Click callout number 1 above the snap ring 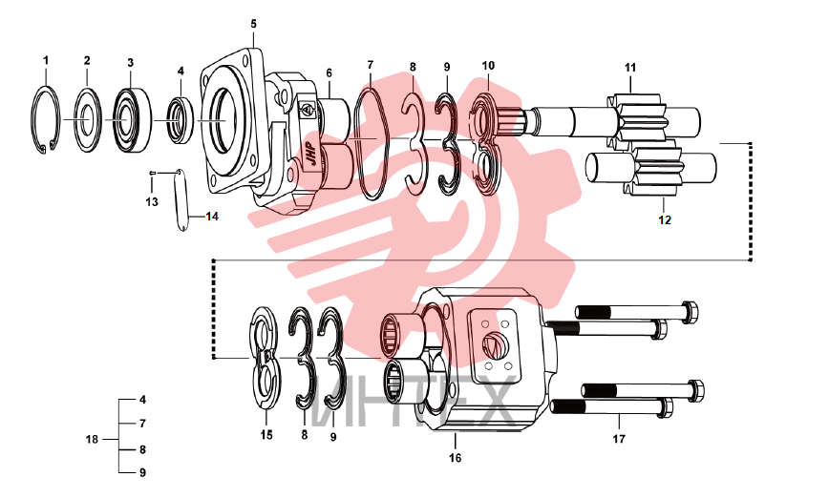[x=46, y=60]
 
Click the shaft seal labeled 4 [x=181, y=120]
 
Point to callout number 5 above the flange [x=254, y=24]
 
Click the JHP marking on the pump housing [x=312, y=155]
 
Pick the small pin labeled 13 [x=153, y=173]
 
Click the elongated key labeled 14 [x=181, y=200]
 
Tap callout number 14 [x=212, y=216]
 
